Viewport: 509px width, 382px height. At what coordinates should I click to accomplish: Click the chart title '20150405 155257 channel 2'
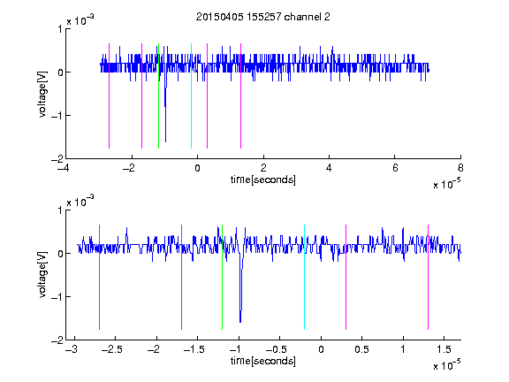(x=263, y=17)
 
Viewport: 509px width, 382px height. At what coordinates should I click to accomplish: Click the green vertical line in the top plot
(x=158, y=95)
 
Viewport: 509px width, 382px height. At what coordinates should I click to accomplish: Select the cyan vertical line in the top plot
(x=191, y=95)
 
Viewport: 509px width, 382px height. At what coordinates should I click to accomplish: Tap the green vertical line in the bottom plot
(x=222, y=277)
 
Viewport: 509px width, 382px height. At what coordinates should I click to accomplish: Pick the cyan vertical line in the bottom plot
(x=304, y=277)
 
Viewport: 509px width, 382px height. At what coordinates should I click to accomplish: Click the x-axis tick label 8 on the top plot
(x=460, y=168)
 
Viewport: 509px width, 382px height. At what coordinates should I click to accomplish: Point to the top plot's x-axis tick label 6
(x=395, y=168)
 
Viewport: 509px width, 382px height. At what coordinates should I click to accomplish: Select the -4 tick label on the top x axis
(x=64, y=168)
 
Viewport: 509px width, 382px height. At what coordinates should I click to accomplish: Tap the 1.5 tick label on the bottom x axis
(x=444, y=349)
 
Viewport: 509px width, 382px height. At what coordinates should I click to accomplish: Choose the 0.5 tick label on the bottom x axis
(x=362, y=349)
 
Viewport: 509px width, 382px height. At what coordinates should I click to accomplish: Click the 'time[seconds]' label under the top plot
(x=263, y=180)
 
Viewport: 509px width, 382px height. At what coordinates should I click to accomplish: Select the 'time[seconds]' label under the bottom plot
(x=263, y=361)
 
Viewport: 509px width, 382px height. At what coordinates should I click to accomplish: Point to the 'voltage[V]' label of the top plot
(x=42, y=95)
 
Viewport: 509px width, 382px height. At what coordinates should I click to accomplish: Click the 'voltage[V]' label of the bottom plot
(x=42, y=275)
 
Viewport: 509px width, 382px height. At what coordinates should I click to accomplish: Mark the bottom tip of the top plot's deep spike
(x=165, y=142)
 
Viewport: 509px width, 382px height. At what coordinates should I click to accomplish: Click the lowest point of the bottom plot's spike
(x=240, y=322)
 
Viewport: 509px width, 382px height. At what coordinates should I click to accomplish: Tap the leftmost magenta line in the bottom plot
(x=99, y=277)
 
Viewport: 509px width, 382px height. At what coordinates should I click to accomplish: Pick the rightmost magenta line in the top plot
(x=240, y=95)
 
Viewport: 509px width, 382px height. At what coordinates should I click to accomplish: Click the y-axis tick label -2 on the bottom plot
(x=57, y=340)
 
